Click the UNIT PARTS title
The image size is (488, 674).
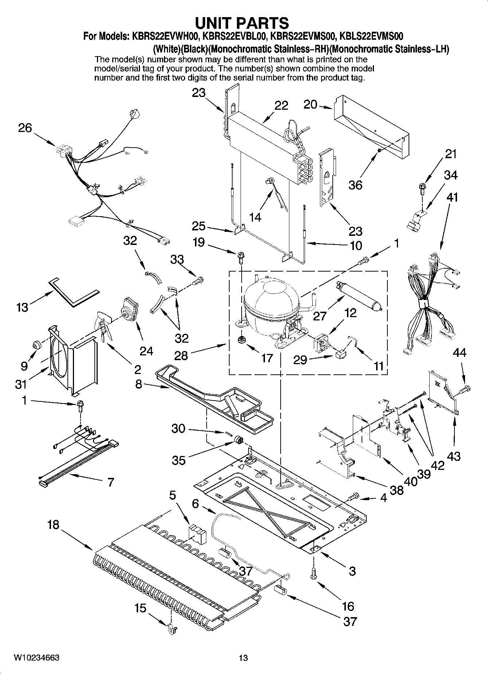[x=242, y=23]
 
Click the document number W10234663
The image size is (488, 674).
[x=36, y=658]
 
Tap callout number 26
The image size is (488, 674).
[x=25, y=128]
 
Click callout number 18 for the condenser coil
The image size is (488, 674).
[x=53, y=525]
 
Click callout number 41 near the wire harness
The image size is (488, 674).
[x=452, y=198]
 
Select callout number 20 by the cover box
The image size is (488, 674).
[x=311, y=105]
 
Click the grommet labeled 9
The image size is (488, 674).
[x=36, y=345]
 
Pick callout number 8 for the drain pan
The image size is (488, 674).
[x=139, y=384]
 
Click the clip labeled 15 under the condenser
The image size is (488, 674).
[x=172, y=630]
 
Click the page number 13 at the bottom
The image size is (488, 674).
[x=243, y=658]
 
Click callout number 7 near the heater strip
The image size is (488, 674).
[x=111, y=483]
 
